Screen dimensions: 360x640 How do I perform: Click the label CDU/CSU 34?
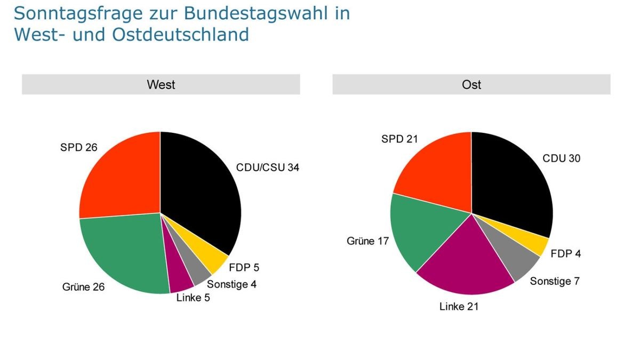pyautogui.click(x=268, y=167)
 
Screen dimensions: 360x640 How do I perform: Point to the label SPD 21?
pyautogui.click(x=399, y=139)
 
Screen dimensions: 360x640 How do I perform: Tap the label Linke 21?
pyautogui.click(x=459, y=307)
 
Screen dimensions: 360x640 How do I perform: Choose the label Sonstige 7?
pyautogui.click(x=554, y=281)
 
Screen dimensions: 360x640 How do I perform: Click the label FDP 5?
pyautogui.click(x=244, y=268)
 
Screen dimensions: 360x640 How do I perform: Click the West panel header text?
pyautogui.click(x=161, y=84)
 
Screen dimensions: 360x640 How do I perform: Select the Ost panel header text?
pyautogui.click(x=471, y=84)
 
